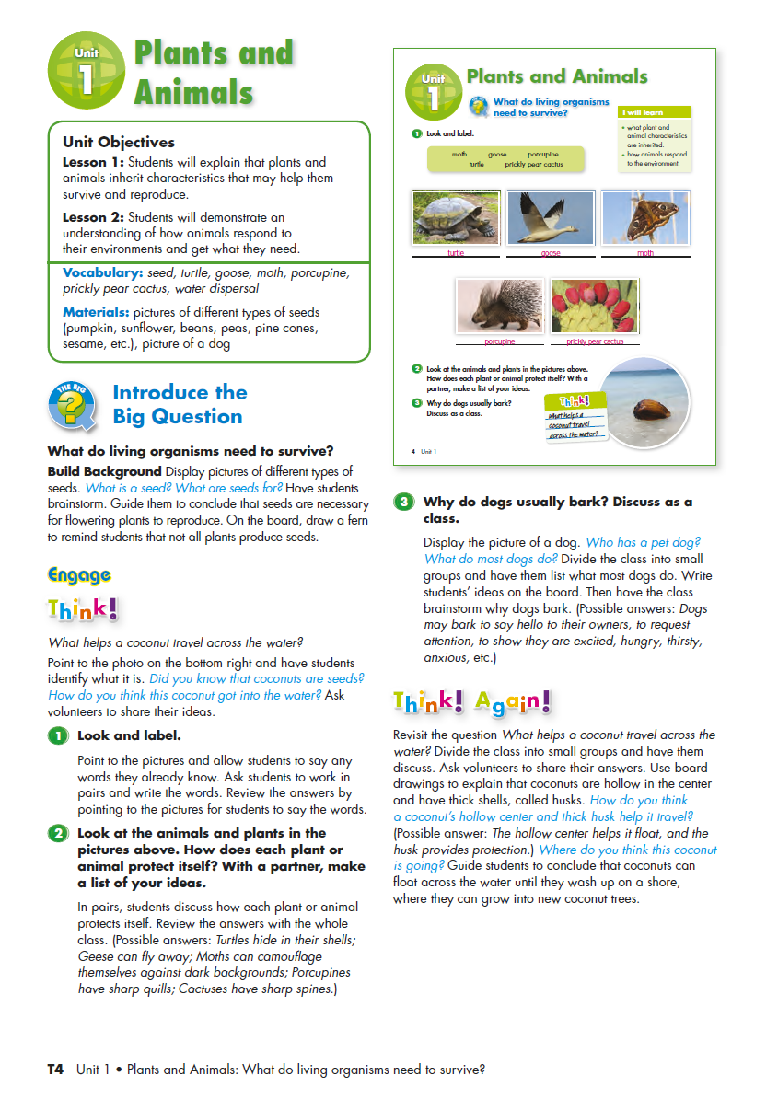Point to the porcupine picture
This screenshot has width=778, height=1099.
[499, 307]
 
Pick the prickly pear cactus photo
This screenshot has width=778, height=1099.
[594, 307]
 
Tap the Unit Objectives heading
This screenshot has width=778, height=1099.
[118, 142]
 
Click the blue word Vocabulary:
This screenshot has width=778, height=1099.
[102, 272]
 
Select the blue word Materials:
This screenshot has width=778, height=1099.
[98, 312]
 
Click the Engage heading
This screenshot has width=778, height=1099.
[79, 575]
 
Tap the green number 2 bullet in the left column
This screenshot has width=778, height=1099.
[58, 834]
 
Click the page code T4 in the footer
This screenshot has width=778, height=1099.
[55, 1070]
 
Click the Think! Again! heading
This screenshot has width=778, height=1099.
[471, 702]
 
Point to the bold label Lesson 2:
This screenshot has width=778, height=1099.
[93, 218]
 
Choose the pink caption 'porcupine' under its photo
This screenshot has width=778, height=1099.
[499, 341]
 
